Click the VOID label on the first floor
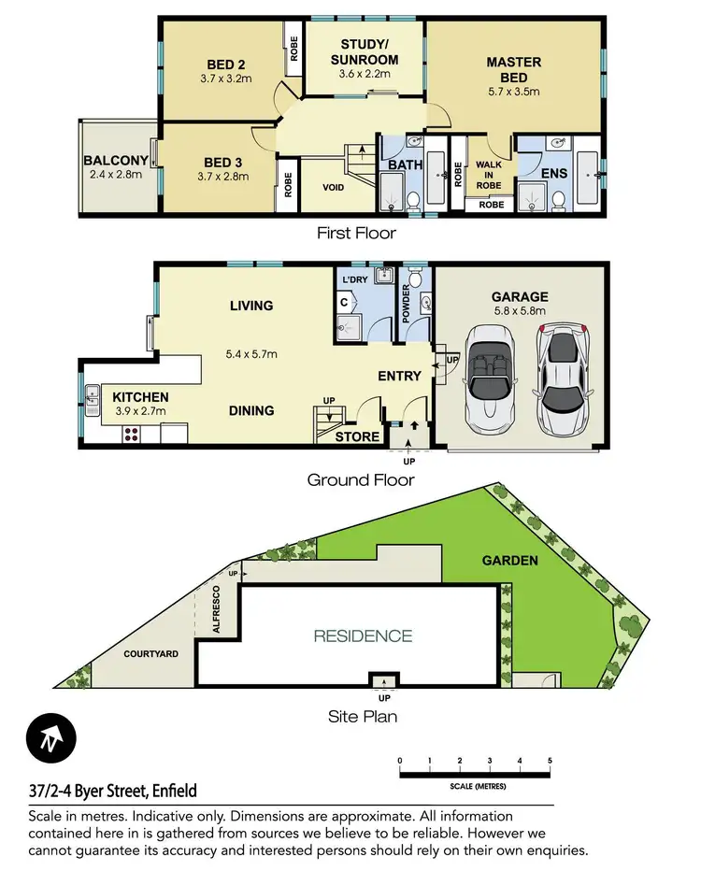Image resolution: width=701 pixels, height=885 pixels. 332,188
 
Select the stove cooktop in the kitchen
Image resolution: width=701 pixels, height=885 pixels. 130,433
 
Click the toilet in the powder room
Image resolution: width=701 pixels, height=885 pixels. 418,278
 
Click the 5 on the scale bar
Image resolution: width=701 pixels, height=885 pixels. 550,761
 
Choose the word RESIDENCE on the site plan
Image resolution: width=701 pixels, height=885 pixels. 363,636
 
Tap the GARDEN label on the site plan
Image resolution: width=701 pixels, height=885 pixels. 509,561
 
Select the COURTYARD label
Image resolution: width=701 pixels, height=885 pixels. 151,654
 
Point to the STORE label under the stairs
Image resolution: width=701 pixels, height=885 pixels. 357,436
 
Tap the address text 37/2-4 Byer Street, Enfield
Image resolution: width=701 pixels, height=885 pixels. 112,791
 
